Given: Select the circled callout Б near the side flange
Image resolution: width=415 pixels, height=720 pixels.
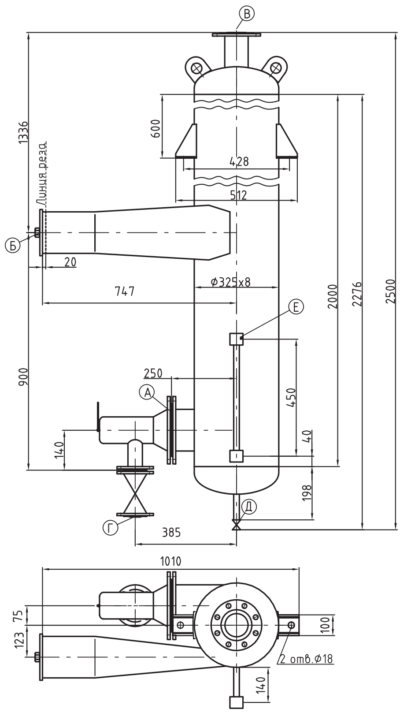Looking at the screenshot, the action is (x=12, y=246).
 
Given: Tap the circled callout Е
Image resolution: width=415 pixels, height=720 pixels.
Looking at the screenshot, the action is (x=296, y=306).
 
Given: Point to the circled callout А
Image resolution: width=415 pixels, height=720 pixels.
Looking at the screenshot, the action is (x=147, y=392).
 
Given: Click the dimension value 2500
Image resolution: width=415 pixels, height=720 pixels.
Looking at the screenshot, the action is (x=391, y=291).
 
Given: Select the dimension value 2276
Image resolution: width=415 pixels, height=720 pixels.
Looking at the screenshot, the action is (x=357, y=294).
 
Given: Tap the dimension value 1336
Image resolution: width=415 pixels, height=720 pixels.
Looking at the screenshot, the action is (x=23, y=133).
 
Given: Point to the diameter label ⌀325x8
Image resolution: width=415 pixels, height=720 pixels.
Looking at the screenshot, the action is (x=230, y=282).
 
